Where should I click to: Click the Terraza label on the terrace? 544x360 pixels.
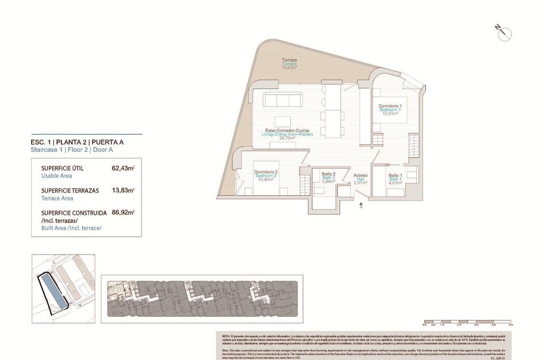click(x=289, y=60)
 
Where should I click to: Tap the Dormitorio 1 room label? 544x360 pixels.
click(x=390, y=107)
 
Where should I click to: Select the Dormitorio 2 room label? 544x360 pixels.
click(x=266, y=172)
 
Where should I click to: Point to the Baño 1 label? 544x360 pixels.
click(x=395, y=175)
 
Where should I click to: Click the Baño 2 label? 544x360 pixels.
click(x=329, y=174)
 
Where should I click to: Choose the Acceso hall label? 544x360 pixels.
click(x=360, y=175)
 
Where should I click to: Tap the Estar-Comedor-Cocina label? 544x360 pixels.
click(x=287, y=130)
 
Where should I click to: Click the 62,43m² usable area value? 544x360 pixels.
click(x=123, y=168)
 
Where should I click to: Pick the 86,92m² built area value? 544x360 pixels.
click(x=123, y=213)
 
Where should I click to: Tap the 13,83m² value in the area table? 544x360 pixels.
click(x=123, y=190)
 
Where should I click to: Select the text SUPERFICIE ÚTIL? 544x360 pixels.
click(x=63, y=168)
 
